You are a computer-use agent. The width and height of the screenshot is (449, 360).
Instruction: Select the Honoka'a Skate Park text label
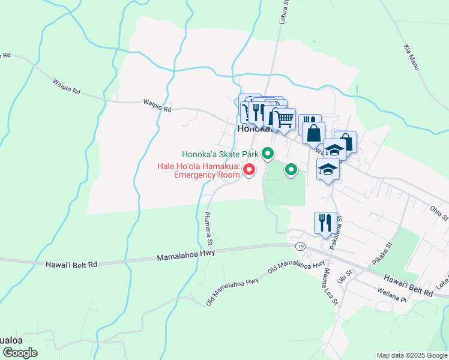pos(221,155)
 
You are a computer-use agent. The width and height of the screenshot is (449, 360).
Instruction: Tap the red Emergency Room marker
pos(249,172)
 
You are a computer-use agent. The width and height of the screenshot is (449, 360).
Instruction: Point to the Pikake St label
pos(381,254)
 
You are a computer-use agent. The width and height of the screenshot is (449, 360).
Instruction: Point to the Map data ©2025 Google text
pos(412,355)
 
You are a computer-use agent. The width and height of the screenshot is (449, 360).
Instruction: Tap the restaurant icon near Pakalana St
pos(324,223)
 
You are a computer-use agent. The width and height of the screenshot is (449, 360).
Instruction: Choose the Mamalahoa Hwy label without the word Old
pos(185,256)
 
